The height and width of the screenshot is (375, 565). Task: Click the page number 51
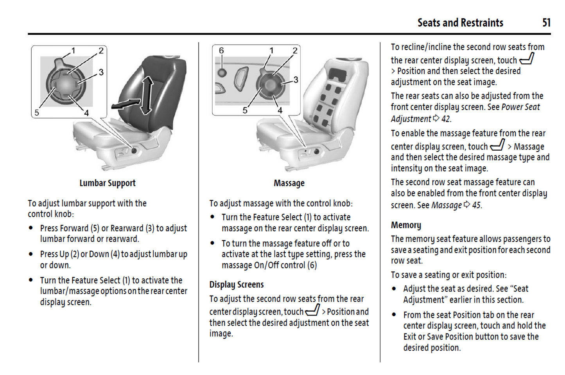pyautogui.click(x=546, y=23)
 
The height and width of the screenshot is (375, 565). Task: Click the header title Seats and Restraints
pyautogui.click(x=460, y=23)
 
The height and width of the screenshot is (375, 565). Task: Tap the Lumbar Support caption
pyautogui.click(x=108, y=183)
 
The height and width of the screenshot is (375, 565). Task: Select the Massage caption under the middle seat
pyautogui.click(x=289, y=183)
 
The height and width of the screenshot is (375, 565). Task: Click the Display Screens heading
pyautogui.click(x=236, y=285)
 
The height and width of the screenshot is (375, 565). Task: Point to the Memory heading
pyautogui.click(x=406, y=225)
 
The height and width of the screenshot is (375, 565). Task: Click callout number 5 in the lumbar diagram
pyautogui.click(x=37, y=113)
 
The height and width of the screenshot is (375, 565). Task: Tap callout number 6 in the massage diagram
pyautogui.click(x=221, y=50)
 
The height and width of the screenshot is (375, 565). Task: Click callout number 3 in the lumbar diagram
pyautogui.click(x=101, y=72)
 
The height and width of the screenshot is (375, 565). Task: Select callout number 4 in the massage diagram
pyautogui.click(x=280, y=110)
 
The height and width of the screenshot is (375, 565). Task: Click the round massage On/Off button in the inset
pyautogui.click(x=222, y=72)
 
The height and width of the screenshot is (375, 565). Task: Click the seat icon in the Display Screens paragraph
pyautogui.click(x=312, y=310)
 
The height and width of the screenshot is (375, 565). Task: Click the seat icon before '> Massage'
pyautogui.click(x=497, y=145)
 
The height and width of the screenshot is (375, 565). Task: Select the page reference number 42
pyautogui.click(x=446, y=119)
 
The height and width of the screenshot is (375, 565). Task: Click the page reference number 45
pyautogui.click(x=476, y=206)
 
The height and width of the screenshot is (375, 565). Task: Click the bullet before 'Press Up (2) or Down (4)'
pyautogui.click(x=31, y=254)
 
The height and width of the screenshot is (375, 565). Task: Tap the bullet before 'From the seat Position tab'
pyautogui.click(x=394, y=315)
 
